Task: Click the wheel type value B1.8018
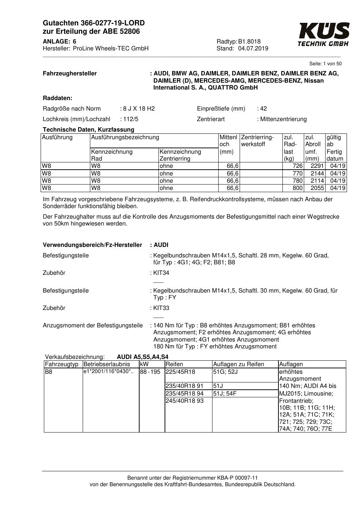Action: (249, 41)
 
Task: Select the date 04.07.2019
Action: (253, 49)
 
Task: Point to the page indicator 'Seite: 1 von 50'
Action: (325, 64)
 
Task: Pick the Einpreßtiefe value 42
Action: (264, 108)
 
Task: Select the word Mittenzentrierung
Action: (283, 119)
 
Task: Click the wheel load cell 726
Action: (297, 166)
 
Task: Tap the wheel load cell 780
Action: (297, 181)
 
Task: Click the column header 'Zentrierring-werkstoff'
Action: (257, 141)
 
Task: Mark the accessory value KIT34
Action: (161, 273)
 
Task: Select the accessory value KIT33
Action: (161, 308)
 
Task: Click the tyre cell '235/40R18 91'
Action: (185, 386)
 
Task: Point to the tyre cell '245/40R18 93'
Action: (185, 401)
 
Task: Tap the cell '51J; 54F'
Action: (225, 393)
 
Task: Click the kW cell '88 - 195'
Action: (150, 372)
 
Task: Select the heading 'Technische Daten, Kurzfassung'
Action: (88, 129)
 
